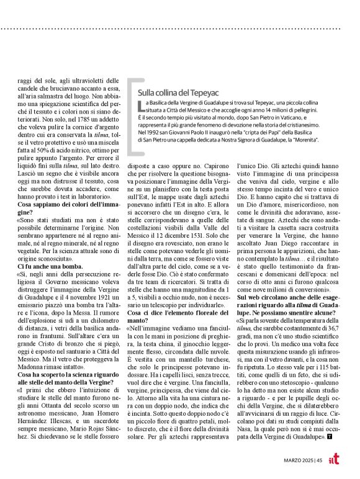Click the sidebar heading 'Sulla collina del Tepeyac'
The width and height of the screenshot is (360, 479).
click(x=179, y=94)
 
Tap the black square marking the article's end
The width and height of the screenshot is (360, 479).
click(x=337, y=437)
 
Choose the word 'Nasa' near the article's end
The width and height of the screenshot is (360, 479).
click(x=247, y=428)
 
